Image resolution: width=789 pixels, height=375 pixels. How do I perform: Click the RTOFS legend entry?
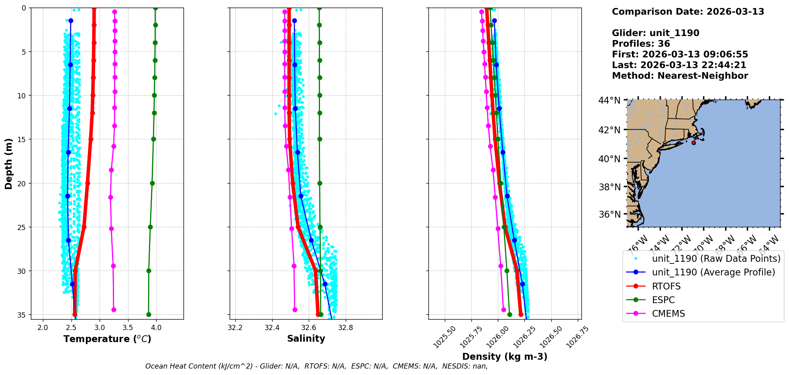coord(666,286)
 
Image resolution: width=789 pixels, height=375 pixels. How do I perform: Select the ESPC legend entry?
coord(663,300)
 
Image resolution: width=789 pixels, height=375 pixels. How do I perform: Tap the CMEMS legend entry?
coord(668,314)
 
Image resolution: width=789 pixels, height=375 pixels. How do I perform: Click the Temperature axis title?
coord(107,339)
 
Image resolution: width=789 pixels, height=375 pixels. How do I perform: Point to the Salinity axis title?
coord(306,338)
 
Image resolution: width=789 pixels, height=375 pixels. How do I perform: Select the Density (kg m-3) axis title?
coord(505,357)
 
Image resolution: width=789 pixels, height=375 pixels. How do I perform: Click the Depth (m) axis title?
coord(8,163)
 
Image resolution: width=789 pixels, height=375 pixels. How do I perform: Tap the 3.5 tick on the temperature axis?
coord(128,328)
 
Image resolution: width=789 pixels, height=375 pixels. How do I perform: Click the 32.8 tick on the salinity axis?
coord(345,328)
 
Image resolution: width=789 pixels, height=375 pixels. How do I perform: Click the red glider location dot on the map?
coord(693,143)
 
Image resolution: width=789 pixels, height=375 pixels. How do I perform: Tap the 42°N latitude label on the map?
coord(610,130)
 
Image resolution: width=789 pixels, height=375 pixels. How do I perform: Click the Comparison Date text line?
coord(688,12)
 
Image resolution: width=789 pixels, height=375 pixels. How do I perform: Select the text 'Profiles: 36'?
coord(641,44)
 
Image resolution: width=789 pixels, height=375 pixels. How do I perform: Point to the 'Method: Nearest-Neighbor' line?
coord(680,76)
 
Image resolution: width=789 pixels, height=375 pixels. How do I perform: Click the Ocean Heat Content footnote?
coord(316,366)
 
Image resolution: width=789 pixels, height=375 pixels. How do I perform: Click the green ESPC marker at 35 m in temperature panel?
coord(149,314)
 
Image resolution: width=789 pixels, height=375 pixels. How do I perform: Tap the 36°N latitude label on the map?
coord(610,214)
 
